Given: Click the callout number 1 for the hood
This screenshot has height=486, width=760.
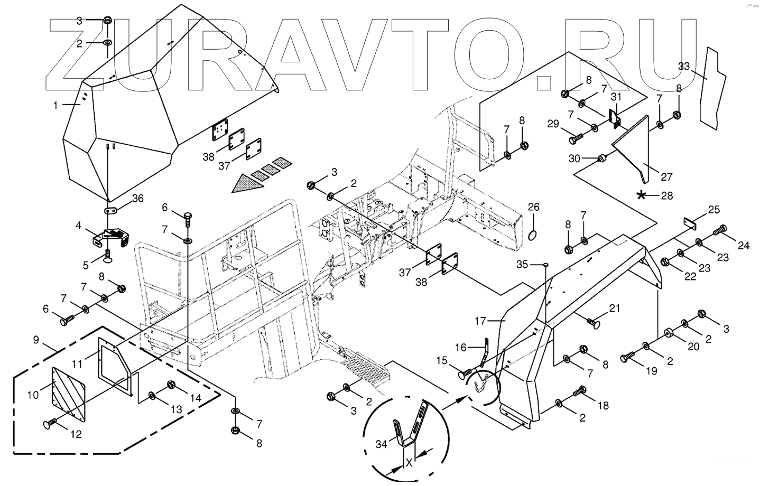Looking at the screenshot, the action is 55,106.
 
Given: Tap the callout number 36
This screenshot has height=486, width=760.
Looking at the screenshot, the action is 138,199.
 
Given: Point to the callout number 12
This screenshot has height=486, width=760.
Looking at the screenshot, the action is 76,434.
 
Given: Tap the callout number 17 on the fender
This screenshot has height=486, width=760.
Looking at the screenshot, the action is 480,321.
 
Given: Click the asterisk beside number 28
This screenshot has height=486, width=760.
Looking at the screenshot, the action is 641,195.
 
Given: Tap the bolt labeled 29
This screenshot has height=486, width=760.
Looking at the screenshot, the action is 576,139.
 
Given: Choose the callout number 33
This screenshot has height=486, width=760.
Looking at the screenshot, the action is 684,66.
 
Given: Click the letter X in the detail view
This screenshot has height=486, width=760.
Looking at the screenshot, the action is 409,463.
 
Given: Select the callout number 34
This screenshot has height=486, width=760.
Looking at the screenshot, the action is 382,444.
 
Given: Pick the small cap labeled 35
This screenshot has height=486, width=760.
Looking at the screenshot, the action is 546,265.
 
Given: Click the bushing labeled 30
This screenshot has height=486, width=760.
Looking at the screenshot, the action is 602,158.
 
